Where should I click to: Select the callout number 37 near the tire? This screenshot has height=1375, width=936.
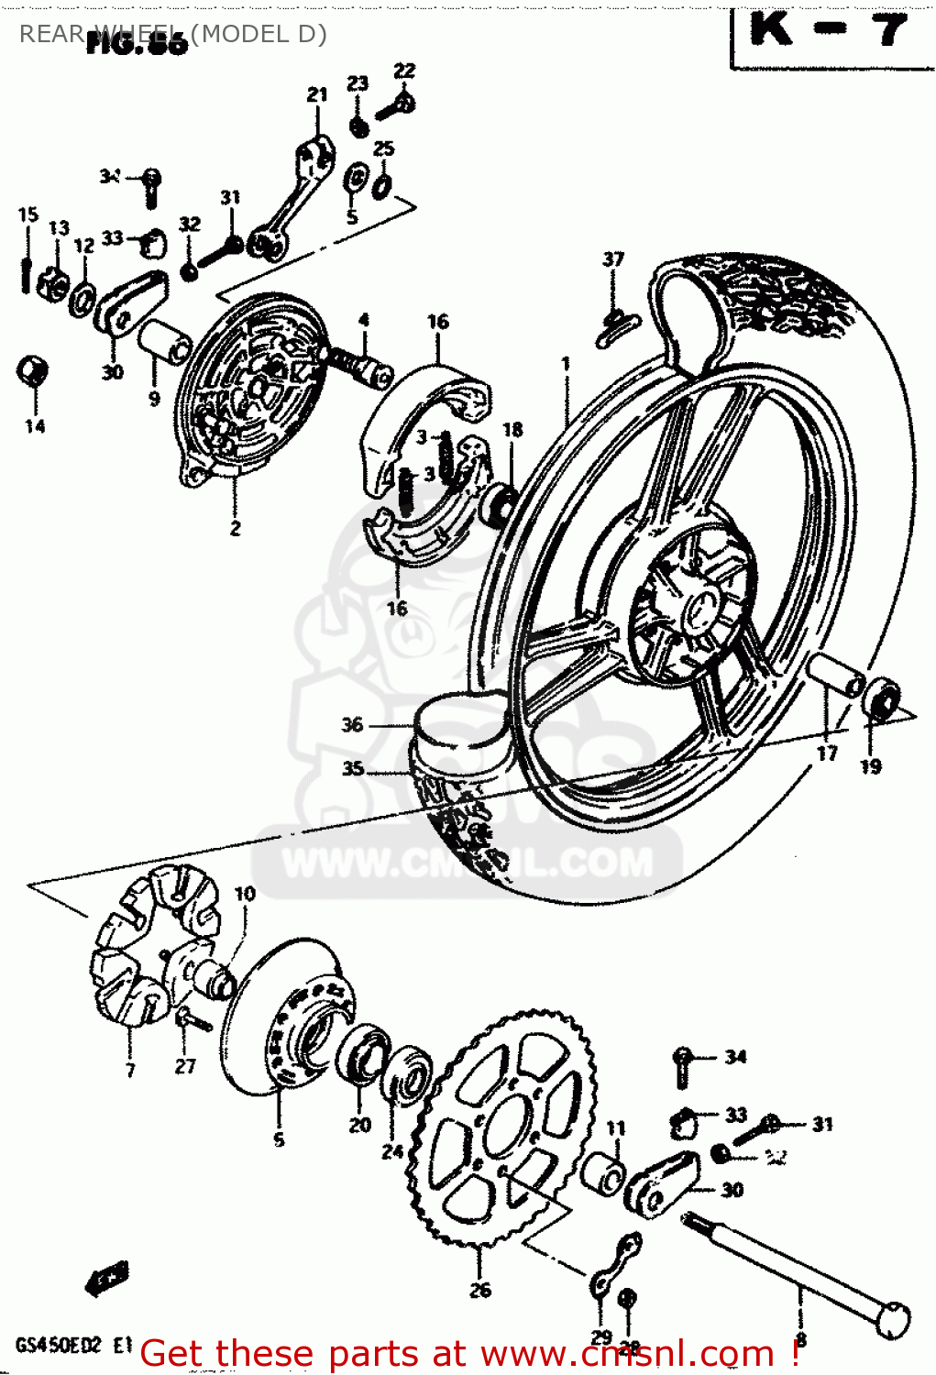(x=612, y=259)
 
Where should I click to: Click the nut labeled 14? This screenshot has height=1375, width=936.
(x=34, y=372)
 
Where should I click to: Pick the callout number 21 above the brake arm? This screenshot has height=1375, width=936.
(x=317, y=94)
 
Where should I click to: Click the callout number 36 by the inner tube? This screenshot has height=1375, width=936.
(x=352, y=725)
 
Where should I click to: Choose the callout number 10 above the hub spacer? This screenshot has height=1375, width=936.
(x=245, y=894)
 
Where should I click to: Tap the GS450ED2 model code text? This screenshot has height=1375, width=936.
(x=61, y=1347)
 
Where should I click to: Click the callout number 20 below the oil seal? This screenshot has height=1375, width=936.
(x=359, y=1125)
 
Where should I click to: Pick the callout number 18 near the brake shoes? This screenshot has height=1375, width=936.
(x=512, y=429)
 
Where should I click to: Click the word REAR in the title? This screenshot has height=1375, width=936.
(x=51, y=34)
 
